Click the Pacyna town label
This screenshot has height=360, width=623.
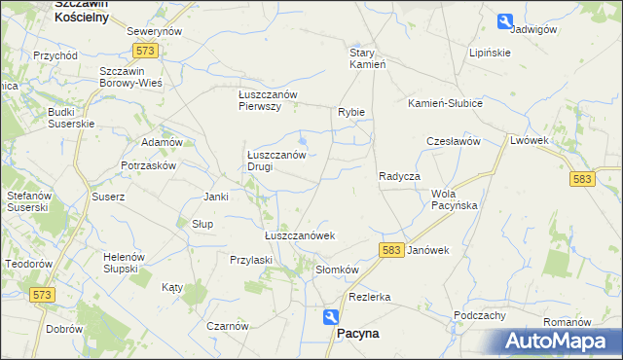pyautogui.click(x=357, y=333)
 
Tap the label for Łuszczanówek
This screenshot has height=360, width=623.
pyautogui.click(x=300, y=235)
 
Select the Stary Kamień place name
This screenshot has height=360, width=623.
pyautogui.click(x=369, y=58)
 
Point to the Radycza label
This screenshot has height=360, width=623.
pyautogui.click(x=399, y=176)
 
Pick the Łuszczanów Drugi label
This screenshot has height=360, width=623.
pyautogui.click(x=275, y=160)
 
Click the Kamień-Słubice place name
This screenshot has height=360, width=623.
pyautogui.click(x=445, y=102)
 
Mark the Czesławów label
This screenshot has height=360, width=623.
pyautogui.click(x=454, y=141)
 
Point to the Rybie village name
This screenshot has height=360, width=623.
pyautogui.click(x=351, y=112)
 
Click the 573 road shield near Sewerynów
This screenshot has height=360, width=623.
pyautogui.click(x=146, y=50)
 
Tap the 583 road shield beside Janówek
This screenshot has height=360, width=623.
pyautogui.click(x=391, y=250)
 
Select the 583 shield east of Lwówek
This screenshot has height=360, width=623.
pyautogui.click(x=582, y=179)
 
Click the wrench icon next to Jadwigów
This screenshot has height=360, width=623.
pyautogui.click(x=504, y=20)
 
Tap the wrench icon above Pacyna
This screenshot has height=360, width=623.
pyautogui.click(x=331, y=316)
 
